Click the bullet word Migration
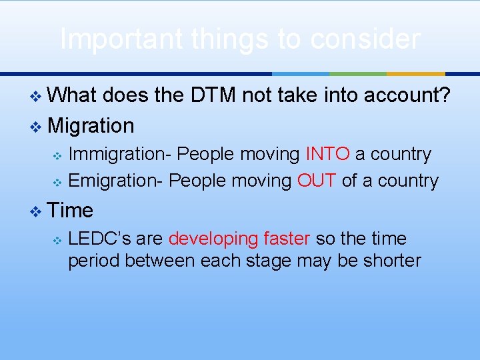pos(91,125)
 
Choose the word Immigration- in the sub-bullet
pos(121,154)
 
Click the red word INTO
pos(327,154)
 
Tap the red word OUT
pos(317,181)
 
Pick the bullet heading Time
pos(71,211)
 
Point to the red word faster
pos(287,239)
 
